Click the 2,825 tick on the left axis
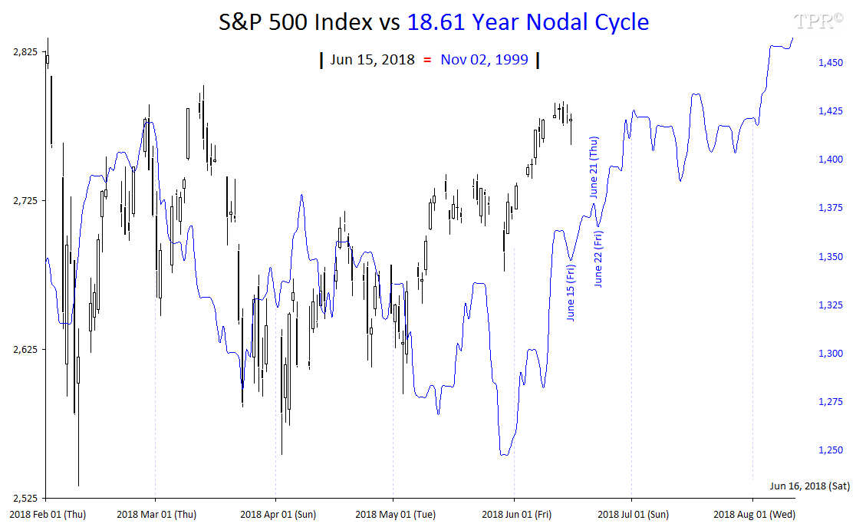click(25, 52)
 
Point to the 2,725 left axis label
click(25, 201)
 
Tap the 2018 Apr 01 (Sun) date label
click(278, 513)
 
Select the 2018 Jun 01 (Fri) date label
click(513, 513)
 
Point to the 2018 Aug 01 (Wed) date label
click(752, 513)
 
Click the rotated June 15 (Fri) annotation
click(571, 292)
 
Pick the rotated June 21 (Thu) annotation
click(594, 167)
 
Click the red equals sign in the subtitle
click(427, 60)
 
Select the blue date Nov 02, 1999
click(484, 60)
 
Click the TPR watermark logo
click(814, 21)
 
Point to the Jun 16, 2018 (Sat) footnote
click(809, 486)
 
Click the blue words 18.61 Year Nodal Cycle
click(528, 22)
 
